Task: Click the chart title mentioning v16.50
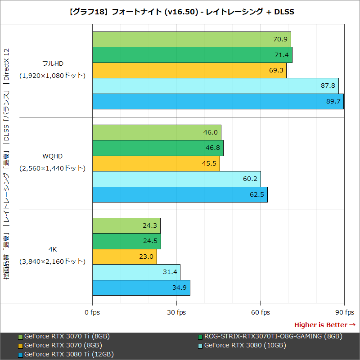tap(180, 12)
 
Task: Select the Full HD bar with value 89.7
tap(218, 101)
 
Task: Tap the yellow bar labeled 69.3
tap(189, 71)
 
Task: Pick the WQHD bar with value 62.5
tap(180, 194)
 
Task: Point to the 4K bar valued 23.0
tap(124, 256)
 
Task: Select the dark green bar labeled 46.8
tap(157, 148)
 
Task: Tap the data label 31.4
tap(170, 272)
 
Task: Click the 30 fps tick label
tap(176, 312)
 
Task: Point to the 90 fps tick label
tap(344, 312)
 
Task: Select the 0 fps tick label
tap(92, 312)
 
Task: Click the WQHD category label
tap(52, 156)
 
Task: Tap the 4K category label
tap(52, 249)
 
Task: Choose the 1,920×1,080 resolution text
tap(52, 76)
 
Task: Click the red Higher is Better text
tap(320, 324)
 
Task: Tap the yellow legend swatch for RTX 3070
tap(20, 346)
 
